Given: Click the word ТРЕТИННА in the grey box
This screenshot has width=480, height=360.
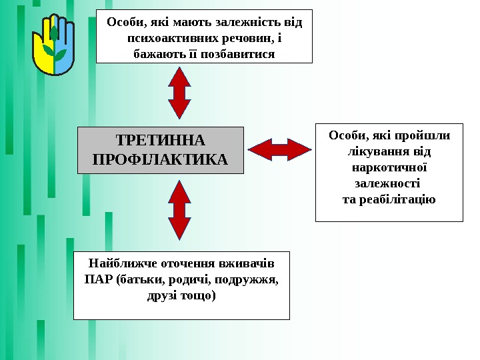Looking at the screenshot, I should [x=161, y=141].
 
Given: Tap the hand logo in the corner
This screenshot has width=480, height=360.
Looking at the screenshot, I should [x=53, y=47].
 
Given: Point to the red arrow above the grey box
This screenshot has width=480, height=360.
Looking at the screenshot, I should [x=179, y=93].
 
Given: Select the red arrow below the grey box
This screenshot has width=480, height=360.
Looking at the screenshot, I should [x=180, y=209].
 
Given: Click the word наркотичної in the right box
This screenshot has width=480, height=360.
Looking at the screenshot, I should [x=390, y=167].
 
